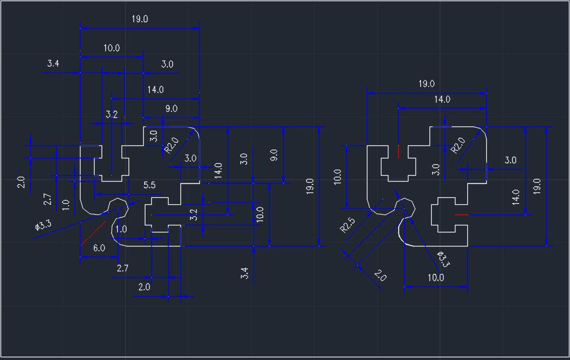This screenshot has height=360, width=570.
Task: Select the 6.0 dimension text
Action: (x=99, y=248)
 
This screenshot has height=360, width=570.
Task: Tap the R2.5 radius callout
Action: (x=347, y=224)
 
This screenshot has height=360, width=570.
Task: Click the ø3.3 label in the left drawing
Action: (x=43, y=225)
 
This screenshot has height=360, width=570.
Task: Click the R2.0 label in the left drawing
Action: (x=171, y=145)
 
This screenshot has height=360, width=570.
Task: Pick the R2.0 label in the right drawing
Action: (x=458, y=145)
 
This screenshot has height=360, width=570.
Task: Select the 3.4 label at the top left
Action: (x=53, y=64)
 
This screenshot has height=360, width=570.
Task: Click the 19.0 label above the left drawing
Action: (x=139, y=19)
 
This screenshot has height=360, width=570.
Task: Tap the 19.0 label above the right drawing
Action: (x=426, y=84)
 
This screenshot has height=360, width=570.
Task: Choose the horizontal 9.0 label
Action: (x=171, y=109)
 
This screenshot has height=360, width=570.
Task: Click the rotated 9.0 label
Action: (x=274, y=156)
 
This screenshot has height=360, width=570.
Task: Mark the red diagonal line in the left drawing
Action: (x=92, y=234)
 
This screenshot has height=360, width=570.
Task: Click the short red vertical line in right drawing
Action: (x=398, y=151)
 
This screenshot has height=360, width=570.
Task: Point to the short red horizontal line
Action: (x=461, y=215)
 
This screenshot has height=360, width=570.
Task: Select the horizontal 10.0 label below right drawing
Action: (x=435, y=278)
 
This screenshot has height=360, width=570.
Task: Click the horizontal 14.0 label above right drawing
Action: (x=441, y=99)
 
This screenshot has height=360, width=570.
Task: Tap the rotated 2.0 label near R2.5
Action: (x=380, y=277)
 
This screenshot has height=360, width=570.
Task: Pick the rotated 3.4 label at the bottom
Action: (x=245, y=274)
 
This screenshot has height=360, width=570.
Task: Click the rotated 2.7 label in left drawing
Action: (x=48, y=199)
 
